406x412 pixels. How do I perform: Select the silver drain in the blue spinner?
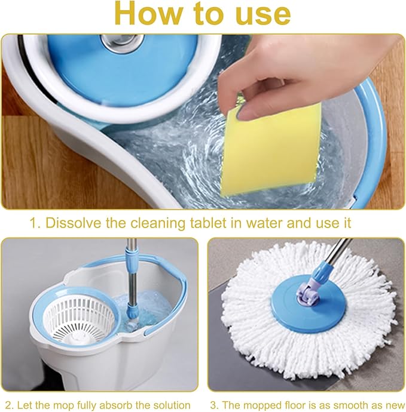click(x=123, y=44)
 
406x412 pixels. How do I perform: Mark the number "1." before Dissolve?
click(x=35, y=223)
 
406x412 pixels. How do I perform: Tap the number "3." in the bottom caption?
click(x=215, y=405)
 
